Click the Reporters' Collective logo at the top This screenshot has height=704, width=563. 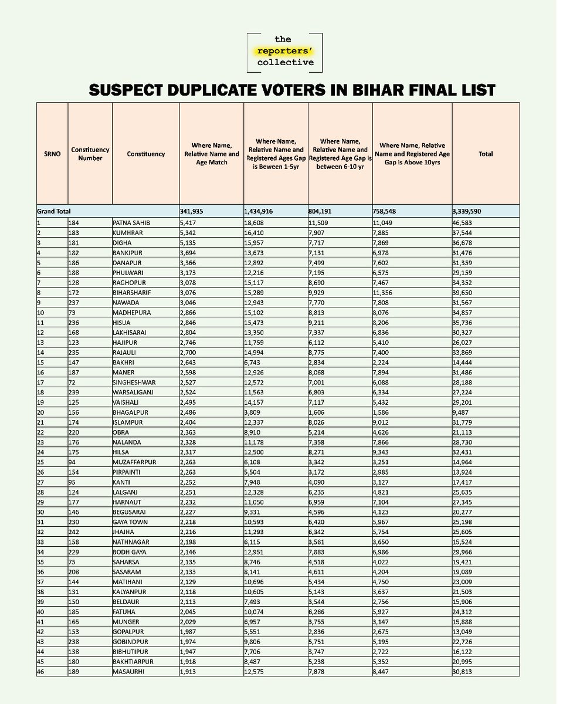click(x=286, y=52)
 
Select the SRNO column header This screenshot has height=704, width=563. click(x=52, y=154)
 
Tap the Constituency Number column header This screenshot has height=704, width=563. click(x=90, y=154)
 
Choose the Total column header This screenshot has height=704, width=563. click(x=485, y=154)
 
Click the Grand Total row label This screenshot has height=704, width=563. click(x=53, y=211)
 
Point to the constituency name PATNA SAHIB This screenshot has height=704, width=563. click(x=132, y=223)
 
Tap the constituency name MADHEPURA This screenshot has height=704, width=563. click(x=132, y=313)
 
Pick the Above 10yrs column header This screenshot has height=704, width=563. click(x=412, y=154)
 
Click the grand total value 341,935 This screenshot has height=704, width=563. click(x=195, y=211)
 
